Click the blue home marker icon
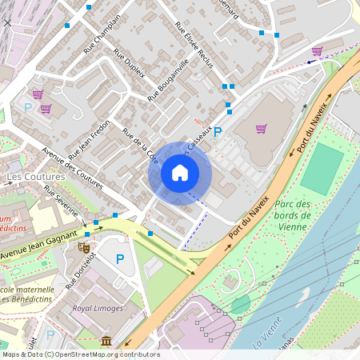[x=180, y=173]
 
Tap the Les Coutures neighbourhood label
[x=35, y=176]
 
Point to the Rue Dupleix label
[x=129, y=63]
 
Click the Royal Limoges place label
[x=98, y=308]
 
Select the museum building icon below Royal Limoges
[x=106, y=342]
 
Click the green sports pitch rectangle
[x=322, y=168]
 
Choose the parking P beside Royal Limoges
[x=120, y=259]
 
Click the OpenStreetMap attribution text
[x=80, y=354]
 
